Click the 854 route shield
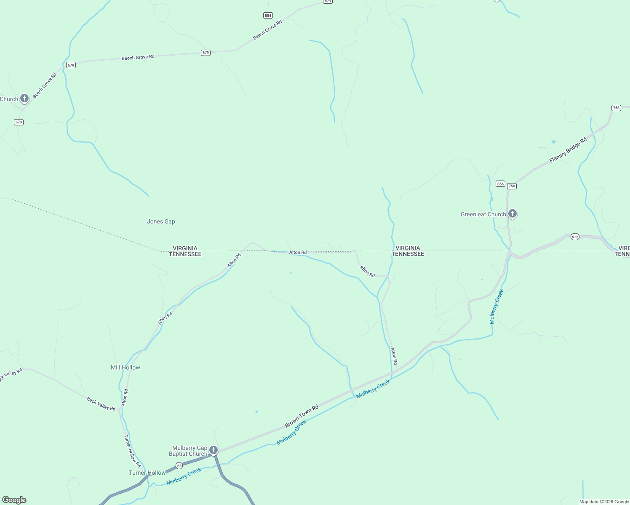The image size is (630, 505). click(x=268, y=16)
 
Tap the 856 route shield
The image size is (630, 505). click(x=500, y=184)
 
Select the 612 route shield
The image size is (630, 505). click(x=575, y=237)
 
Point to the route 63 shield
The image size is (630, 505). click(x=179, y=465)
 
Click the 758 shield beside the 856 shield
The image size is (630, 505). click(x=512, y=186)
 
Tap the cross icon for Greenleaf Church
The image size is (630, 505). click(x=513, y=214)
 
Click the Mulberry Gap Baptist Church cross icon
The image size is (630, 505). click(x=214, y=450)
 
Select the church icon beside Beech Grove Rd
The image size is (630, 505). click(x=24, y=98)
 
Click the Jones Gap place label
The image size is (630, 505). click(x=161, y=222)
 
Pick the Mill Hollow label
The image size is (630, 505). click(x=125, y=367)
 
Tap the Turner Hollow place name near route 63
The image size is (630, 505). click(x=147, y=473)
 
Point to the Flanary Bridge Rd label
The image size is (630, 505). click(x=568, y=151)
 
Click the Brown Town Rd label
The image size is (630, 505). click(x=302, y=417)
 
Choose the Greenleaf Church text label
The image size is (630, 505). click(x=483, y=214)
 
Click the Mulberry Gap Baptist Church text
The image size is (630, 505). click(x=188, y=451)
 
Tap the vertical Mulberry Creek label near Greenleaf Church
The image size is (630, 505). click(x=497, y=306)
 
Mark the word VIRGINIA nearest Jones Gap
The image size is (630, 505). click(x=185, y=248)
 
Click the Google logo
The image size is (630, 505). click(x=14, y=500)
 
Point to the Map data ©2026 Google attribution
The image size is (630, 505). click(x=604, y=502)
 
